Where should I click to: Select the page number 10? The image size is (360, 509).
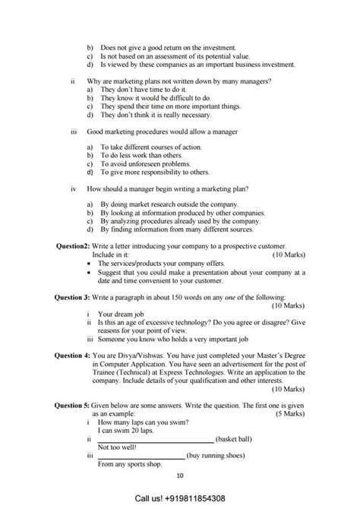point(180,476)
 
